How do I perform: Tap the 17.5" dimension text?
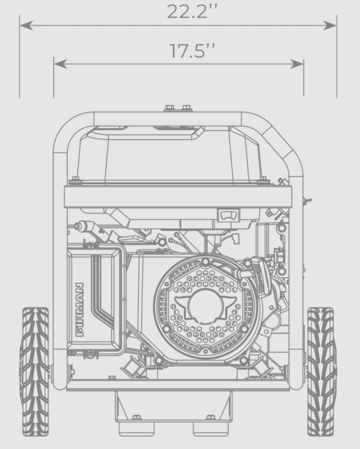coord(192,51)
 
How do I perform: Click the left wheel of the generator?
coord(35,371)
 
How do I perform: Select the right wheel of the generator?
coord(321,371)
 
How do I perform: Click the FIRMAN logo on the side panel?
coord(80,310)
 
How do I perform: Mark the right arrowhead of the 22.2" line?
coord(330,25)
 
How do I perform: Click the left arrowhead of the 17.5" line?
coord(60,64)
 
